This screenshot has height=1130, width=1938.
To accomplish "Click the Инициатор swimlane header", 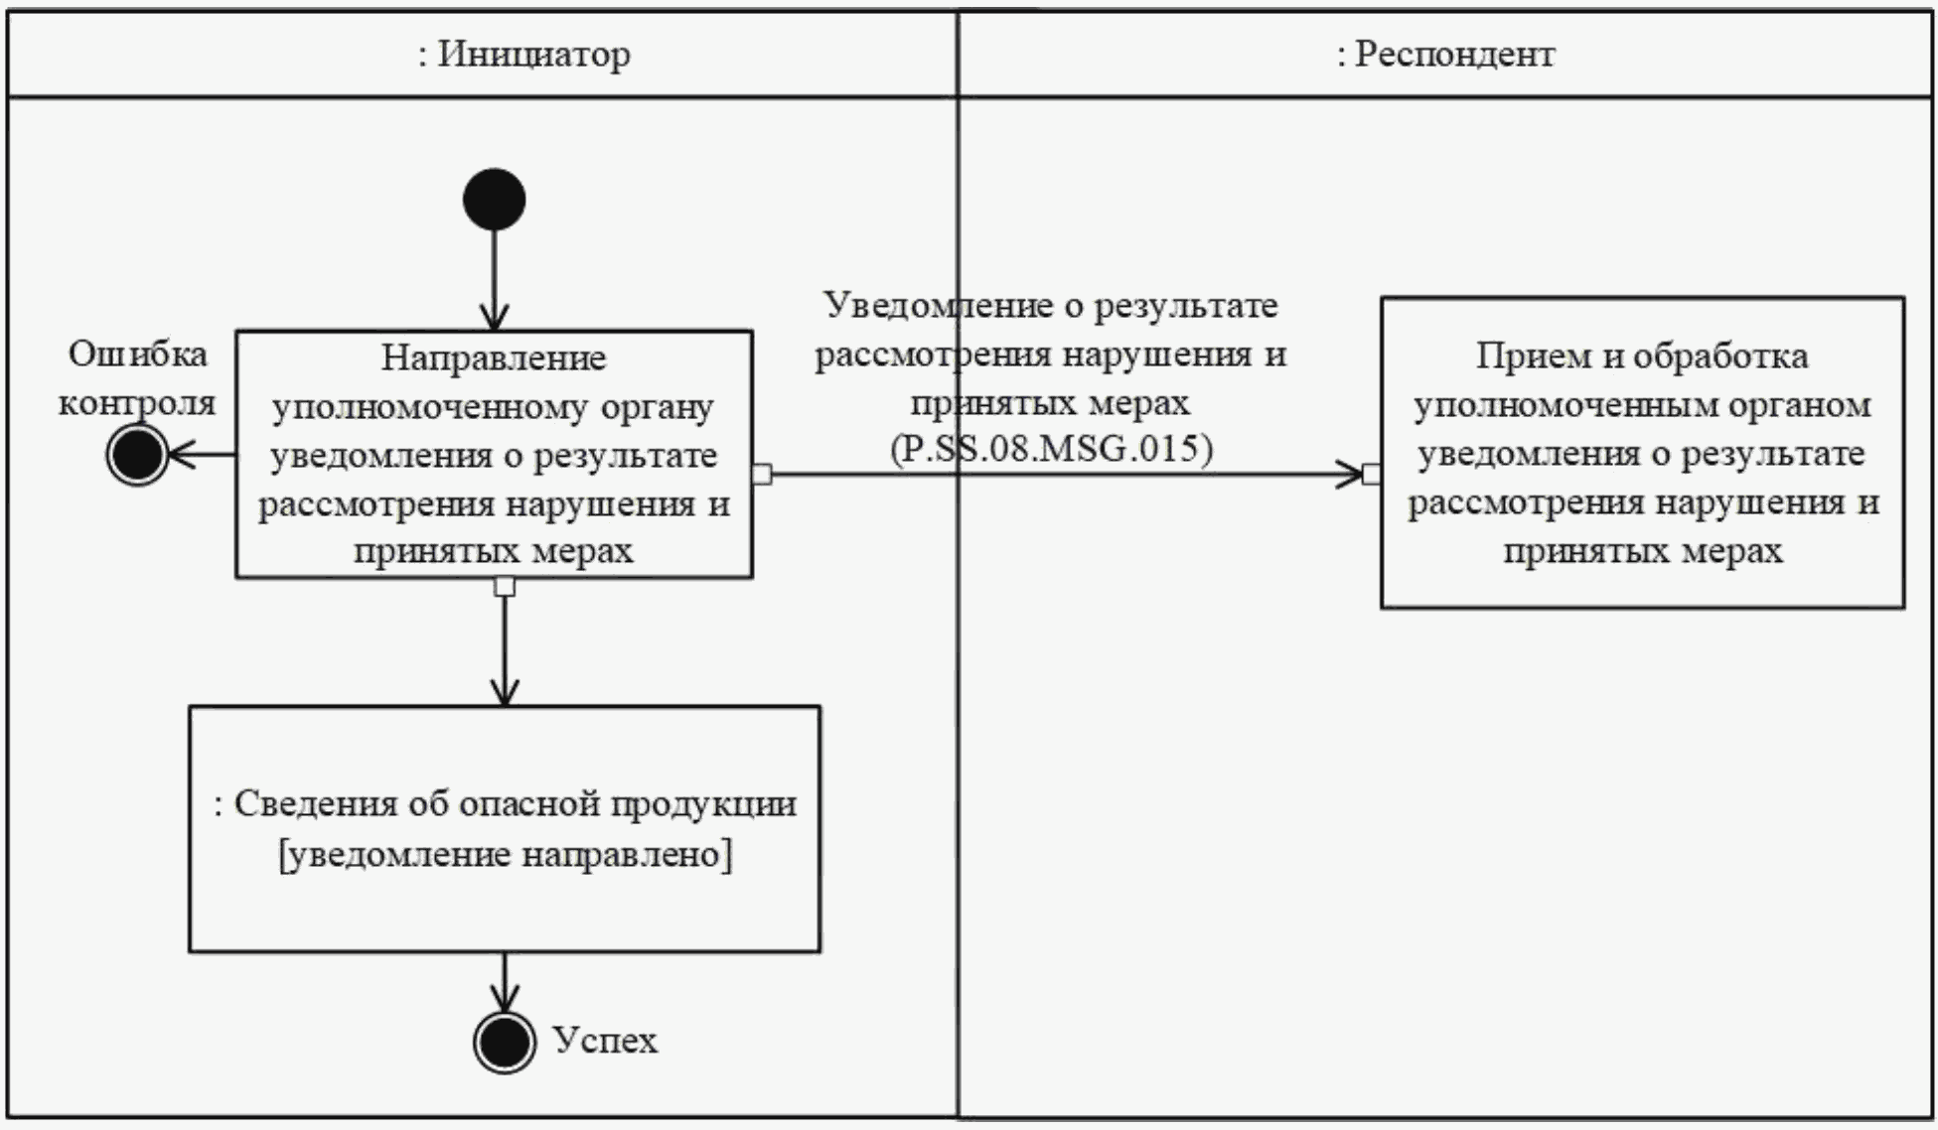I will tap(523, 54).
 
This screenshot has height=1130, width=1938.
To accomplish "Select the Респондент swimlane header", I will tap(1445, 54).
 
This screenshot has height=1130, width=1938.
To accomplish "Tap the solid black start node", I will tap(494, 200).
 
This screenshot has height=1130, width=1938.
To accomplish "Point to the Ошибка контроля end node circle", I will tap(137, 455).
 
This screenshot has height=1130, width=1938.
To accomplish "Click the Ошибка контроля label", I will tap(137, 378).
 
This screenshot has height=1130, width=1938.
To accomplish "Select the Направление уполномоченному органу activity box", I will tap(494, 454).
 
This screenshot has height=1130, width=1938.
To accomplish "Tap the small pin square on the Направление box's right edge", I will tap(762, 475).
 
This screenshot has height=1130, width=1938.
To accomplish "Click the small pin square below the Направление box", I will tap(505, 587).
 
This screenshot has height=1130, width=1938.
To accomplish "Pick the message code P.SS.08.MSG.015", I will tap(1051, 449).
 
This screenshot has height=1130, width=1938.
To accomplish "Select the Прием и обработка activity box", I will tap(1642, 453).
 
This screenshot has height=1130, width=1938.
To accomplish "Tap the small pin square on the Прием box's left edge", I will tap(1372, 475).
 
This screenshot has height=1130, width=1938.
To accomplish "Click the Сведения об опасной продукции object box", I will tap(505, 829).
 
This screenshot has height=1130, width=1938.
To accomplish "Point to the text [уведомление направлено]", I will tap(506, 855).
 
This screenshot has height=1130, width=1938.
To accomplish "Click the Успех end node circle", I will tap(505, 1042).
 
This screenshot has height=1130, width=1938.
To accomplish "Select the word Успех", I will tap(605, 1041).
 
